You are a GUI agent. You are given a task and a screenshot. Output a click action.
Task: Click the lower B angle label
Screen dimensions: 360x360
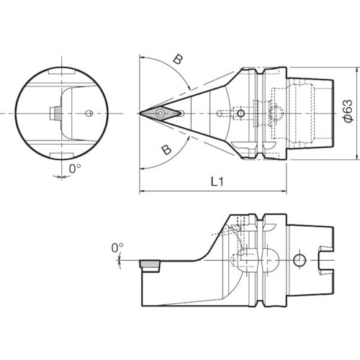coord(167,149)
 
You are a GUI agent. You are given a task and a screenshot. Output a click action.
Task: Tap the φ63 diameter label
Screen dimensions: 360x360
coord(346,114)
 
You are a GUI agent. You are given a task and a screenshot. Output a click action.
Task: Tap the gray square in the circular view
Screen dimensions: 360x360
coord(54,113)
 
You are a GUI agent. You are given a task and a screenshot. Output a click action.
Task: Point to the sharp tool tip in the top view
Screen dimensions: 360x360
coord(139,113)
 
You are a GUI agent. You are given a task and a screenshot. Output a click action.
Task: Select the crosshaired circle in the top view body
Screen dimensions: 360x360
coord(241,113)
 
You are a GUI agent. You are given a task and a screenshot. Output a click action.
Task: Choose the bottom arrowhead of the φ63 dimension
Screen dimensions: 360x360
coord(357,157)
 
